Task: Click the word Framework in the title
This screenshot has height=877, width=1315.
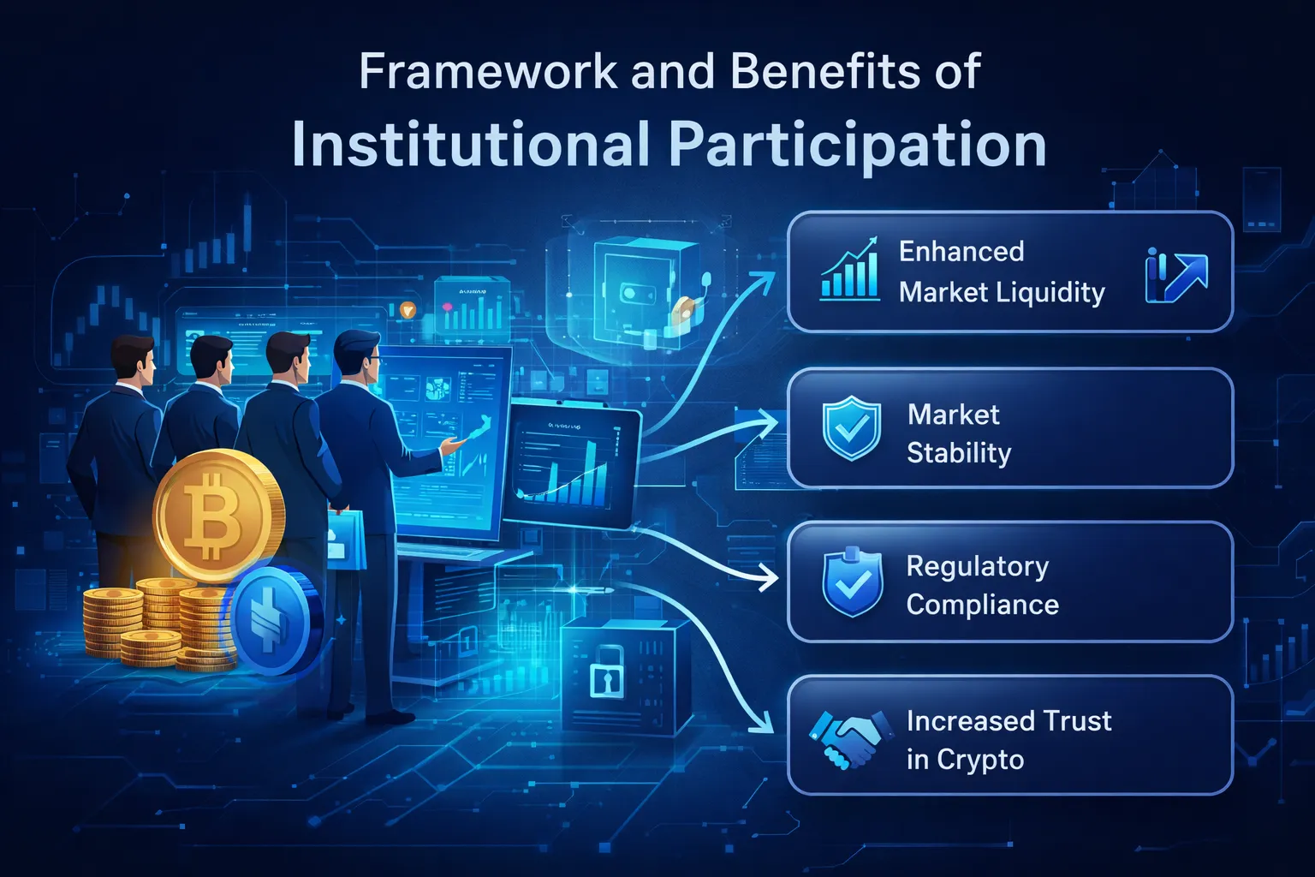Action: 487,72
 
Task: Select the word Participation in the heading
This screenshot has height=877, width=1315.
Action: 857,145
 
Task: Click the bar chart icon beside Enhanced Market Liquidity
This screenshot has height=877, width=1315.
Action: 849,270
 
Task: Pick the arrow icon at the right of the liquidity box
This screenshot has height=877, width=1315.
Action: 1177,276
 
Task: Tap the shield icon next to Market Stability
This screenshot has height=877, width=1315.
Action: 851,427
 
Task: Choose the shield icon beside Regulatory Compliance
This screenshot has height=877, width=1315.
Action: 851,582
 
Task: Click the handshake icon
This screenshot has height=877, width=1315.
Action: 844,739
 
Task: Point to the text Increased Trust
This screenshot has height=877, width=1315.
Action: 1009,721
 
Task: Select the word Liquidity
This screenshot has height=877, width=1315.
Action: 1052,293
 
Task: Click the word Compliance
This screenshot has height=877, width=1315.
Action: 982,605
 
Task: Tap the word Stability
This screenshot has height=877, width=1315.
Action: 959,452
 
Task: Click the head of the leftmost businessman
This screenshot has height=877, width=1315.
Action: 134,361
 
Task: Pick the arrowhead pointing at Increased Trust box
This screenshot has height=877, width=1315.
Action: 760,727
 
